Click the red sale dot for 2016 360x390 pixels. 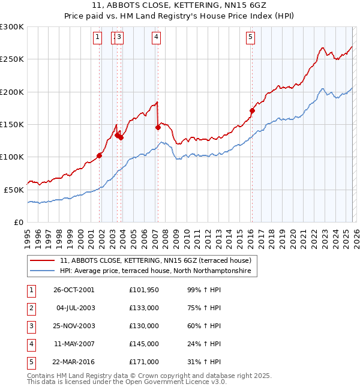(x=252, y=110)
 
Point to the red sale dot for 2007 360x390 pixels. (x=158, y=127)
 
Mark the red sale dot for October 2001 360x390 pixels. (x=100, y=155)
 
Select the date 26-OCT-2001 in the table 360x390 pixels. (x=74, y=290)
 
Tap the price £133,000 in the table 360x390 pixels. (x=144, y=308)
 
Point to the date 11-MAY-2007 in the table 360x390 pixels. (x=74, y=344)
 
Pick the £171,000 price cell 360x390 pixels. (x=144, y=362)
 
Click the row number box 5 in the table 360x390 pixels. (x=31, y=362)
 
